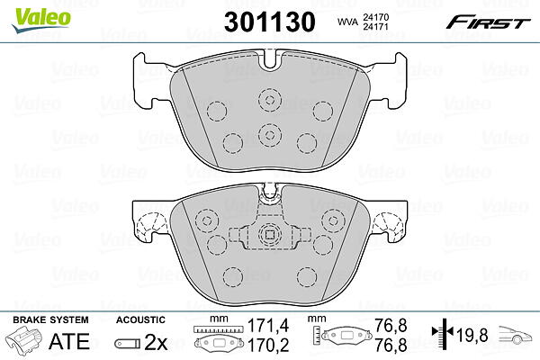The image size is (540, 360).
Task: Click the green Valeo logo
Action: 40,20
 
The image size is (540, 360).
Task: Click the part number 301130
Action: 270,22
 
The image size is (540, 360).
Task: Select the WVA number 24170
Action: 375,17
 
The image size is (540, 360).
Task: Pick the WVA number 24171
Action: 375,26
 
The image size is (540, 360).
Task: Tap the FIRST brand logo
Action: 488,22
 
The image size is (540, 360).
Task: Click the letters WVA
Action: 347,22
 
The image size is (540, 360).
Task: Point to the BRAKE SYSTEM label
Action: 50,319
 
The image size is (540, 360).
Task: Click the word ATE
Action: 69,341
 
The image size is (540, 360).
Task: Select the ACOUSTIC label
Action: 140,319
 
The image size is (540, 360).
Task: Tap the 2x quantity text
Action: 156,342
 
